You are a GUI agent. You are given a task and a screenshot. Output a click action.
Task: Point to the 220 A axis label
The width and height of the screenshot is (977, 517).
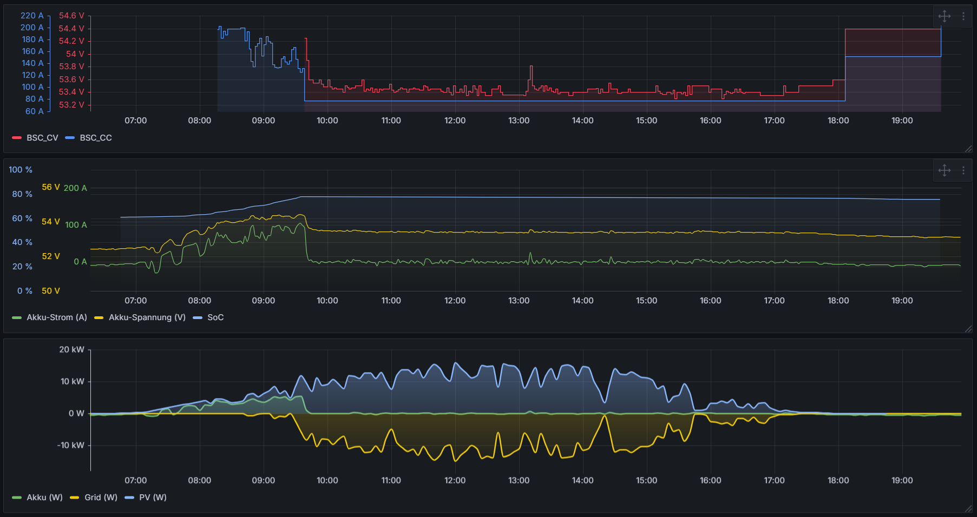point(32,16)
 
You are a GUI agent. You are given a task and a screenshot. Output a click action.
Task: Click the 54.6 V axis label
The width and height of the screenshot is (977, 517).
point(71,16)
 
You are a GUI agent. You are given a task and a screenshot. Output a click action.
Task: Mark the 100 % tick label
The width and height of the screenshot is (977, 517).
point(21,170)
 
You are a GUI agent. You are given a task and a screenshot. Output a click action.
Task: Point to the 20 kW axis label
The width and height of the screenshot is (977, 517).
point(71,350)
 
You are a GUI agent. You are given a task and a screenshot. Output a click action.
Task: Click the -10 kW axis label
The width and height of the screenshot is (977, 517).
point(70,446)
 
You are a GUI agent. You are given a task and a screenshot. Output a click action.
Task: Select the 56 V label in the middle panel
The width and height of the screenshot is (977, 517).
point(51,187)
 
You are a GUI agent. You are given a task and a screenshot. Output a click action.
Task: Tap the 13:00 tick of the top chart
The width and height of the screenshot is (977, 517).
point(519,121)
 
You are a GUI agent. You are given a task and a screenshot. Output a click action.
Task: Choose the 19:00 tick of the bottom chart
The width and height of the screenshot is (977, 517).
point(902,481)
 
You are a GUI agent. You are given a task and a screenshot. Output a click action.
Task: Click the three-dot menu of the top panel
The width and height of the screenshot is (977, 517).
point(963,16)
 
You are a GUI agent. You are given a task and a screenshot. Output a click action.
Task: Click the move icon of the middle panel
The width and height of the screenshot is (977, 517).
point(945,170)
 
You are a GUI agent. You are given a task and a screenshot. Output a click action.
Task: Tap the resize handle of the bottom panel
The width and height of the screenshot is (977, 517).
point(968,509)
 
